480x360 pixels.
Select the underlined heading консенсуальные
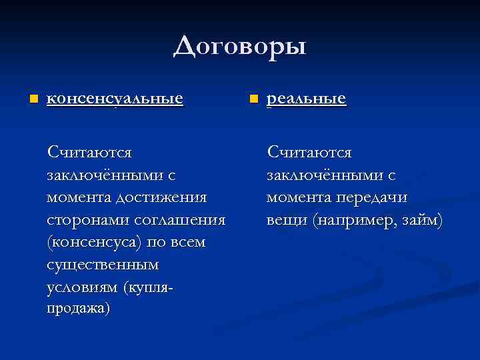click(x=115, y=99)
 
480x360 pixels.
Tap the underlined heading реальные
click(x=306, y=99)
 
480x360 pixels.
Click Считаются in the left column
click(x=89, y=153)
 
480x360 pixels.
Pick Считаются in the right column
click(x=309, y=153)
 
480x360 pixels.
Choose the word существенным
click(x=103, y=265)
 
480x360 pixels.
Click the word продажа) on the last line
click(x=79, y=309)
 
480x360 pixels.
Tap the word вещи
click(x=287, y=220)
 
